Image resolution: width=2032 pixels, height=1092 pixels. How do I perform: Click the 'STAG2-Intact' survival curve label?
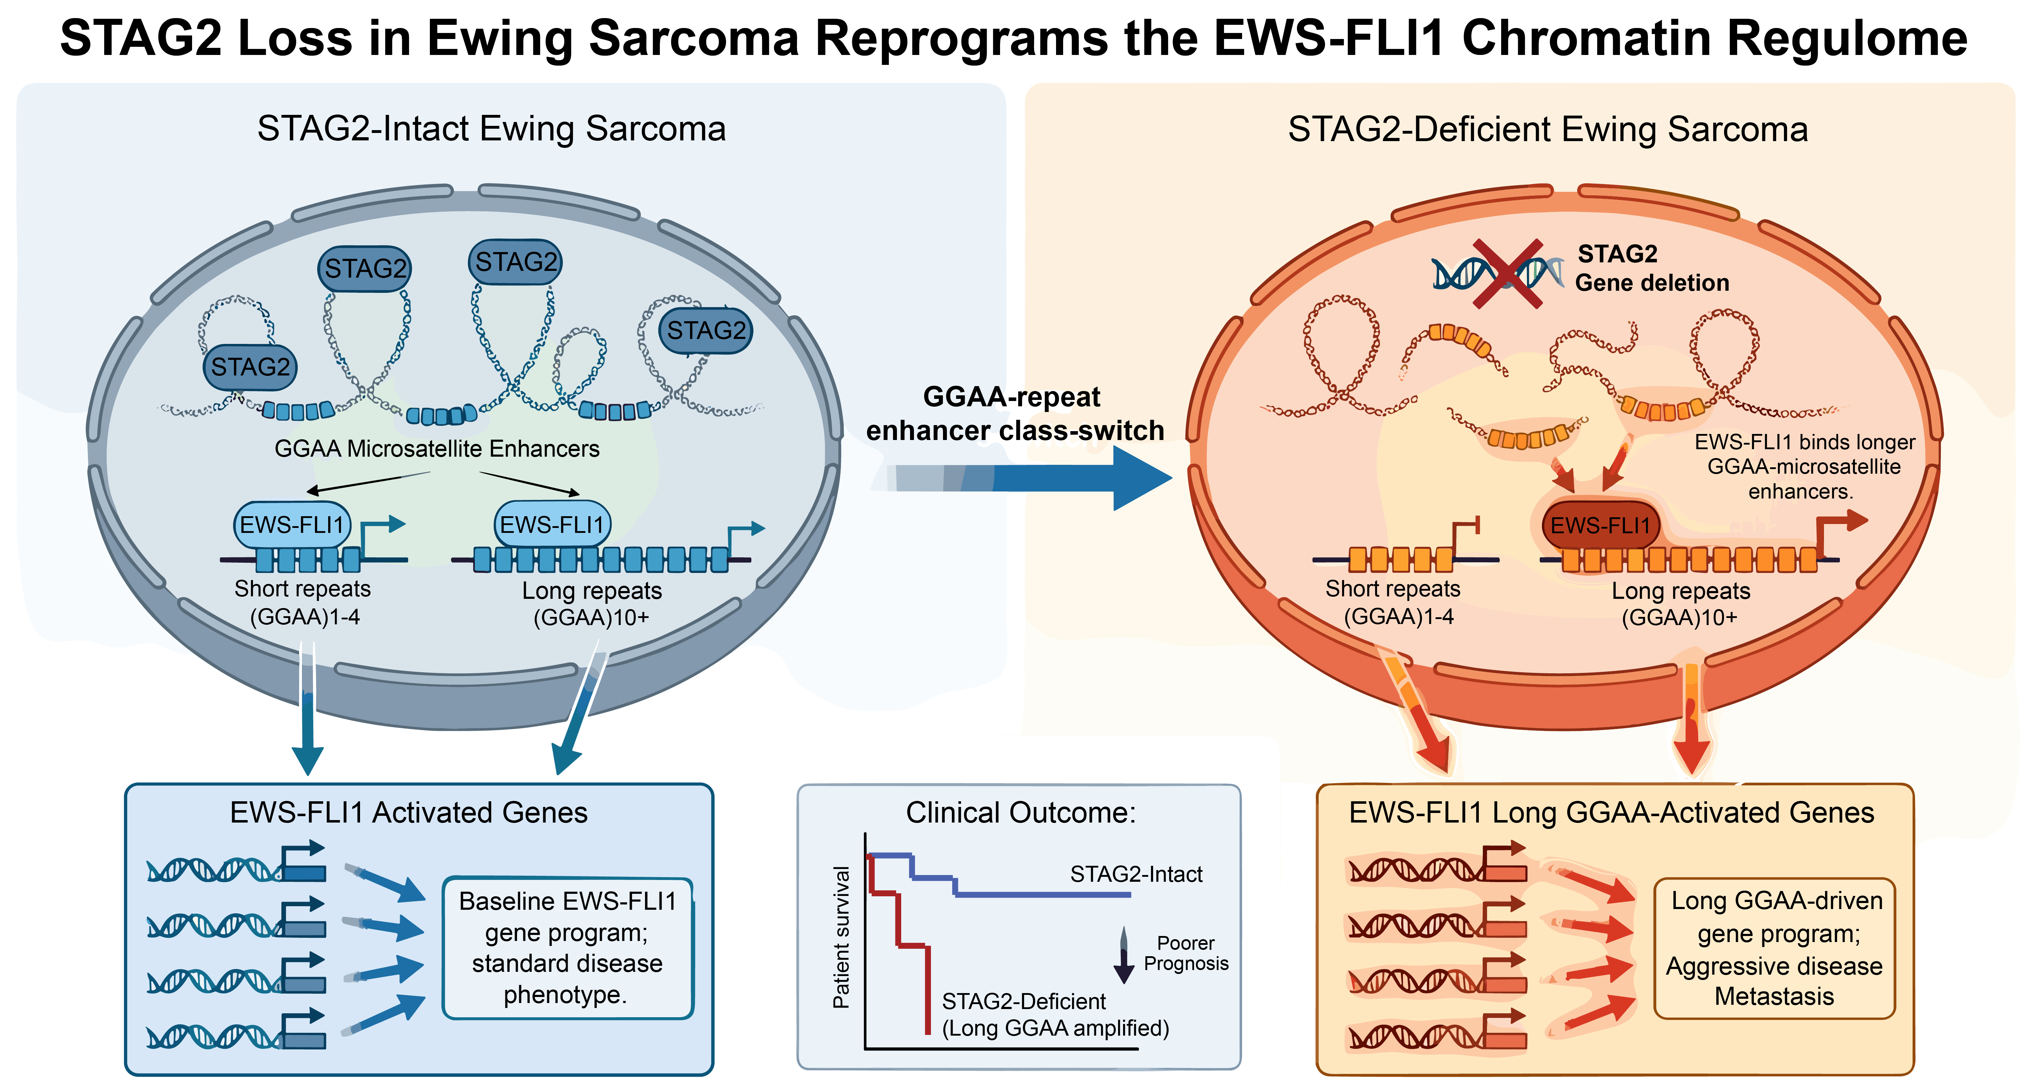(x=1136, y=874)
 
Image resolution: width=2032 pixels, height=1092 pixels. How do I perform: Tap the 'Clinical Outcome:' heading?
(x=1020, y=813)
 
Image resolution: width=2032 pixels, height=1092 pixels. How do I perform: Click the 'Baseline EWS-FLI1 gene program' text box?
(x=567, y=948)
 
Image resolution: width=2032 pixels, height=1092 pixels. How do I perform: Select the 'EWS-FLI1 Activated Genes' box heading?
(x=409, y=813)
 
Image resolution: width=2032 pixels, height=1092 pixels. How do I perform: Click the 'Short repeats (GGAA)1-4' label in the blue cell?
(x=303, y=603)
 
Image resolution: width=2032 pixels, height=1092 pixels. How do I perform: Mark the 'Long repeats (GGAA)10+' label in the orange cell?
(x=1680, y=603)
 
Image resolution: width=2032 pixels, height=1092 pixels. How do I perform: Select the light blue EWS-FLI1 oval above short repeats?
(x=292, y=525)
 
